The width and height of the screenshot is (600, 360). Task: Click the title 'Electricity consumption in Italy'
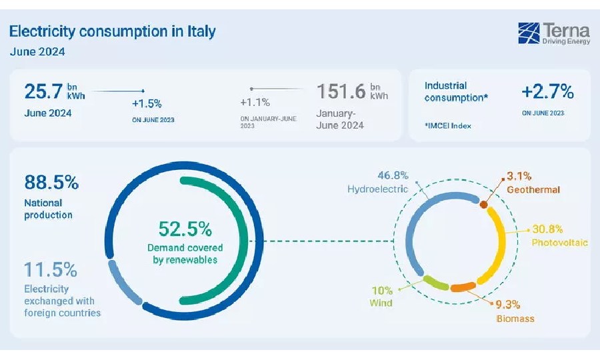pyautogui.click(x=112, y=31)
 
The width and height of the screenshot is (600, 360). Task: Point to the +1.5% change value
pyautogui.click(x=147, y=103)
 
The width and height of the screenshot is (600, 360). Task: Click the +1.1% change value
pyautogui.click(x=255, y=103)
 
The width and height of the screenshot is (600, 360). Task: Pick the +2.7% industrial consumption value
pyautogui.click(x=547, y=91)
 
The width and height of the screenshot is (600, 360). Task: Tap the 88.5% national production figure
pyautogui.click(x=51, y=181)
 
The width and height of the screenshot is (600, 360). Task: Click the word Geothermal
pyautogui.click(x=533, y=189)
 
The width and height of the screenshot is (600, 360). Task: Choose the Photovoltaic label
pyautogui.click(x=559, y=243)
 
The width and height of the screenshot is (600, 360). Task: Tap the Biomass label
pyautogui.click(x=515, y=318)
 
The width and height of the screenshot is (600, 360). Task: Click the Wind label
pyautogui.click(x=381, y=303)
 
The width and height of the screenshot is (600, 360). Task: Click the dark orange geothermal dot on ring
pyautogui.click(x=483, y=205)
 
